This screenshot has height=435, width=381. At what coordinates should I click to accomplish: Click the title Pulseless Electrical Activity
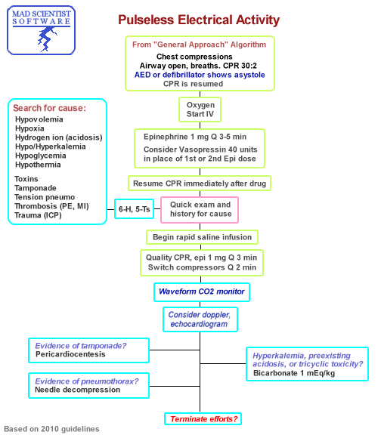click(x=199, y=20)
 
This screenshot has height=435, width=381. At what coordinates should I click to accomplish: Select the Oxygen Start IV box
click(x=200, y=110)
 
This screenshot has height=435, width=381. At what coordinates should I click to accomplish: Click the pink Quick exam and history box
click(x=200, y=209)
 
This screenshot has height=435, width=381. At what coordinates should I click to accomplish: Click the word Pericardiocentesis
click(x=70, y=353)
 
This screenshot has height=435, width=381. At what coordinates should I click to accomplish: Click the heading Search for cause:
click(x=51, y=108)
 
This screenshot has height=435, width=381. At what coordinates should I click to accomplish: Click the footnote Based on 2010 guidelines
click(x=51, y=429)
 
